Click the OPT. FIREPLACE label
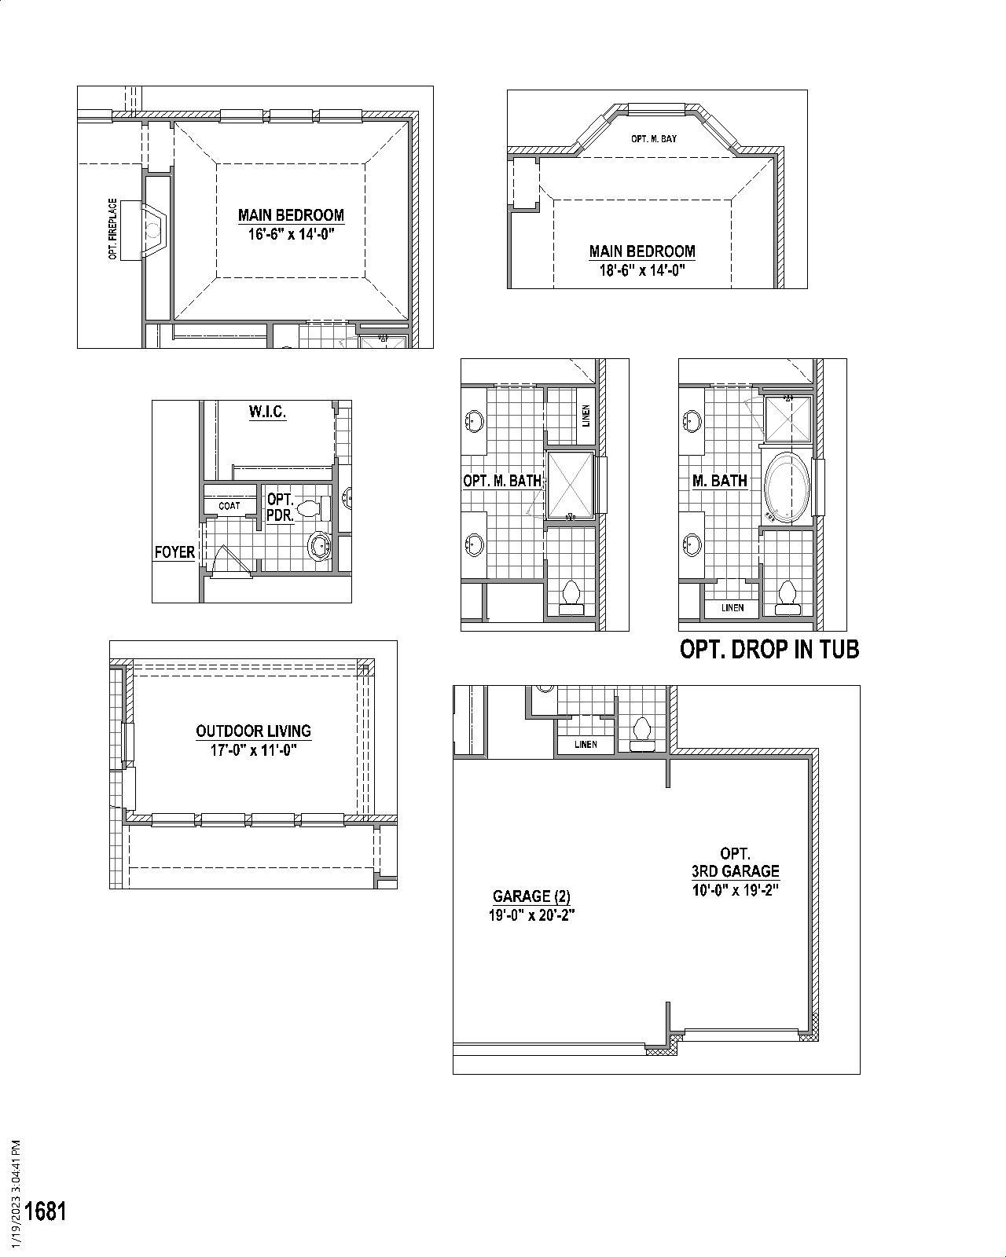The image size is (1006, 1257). click(113, 229)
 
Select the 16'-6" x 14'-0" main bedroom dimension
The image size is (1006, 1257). click(292, 234)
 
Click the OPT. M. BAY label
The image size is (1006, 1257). click(653, 139)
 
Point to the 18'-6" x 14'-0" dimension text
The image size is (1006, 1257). click(642, 271)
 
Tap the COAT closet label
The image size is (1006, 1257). click(229, 506)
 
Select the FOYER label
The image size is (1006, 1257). click(174, 552)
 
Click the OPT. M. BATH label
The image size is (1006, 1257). click(502, 481)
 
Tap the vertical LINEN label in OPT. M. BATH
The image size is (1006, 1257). click(586, 416)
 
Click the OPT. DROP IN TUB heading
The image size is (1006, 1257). click(769, 650)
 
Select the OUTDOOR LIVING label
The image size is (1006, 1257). click(253, 731)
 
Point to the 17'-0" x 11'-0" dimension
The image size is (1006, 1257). click(253, 750)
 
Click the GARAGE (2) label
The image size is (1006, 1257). click(531, 896)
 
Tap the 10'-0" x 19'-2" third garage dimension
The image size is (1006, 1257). click(735, 890)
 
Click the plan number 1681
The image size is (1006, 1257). click(46, 1211)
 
